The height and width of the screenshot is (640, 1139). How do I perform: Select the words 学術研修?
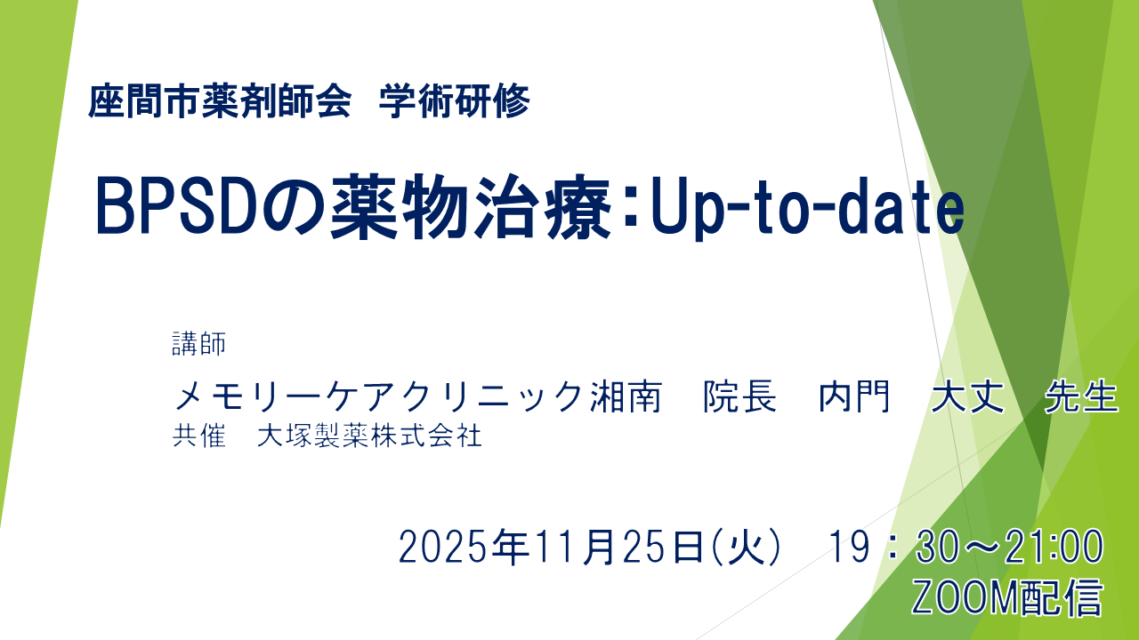pyautogui.click(x=455, y=102)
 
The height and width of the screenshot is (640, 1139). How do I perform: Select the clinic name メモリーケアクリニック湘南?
pyautogui.click(x=418, y=397)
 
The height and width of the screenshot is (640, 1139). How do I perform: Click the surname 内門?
pyautogui.click(x=854, y=397)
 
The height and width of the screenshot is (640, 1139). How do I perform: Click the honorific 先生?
pyautogui.click(x=1082, y=397)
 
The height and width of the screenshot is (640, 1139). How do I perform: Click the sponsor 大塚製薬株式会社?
pyautogui.click(x=369, y=436)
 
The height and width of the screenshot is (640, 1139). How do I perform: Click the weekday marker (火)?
pyautogui.click(x=746, y=546)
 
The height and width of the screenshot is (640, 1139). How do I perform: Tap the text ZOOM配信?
pyautogui.click(x=1006, y=598)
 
